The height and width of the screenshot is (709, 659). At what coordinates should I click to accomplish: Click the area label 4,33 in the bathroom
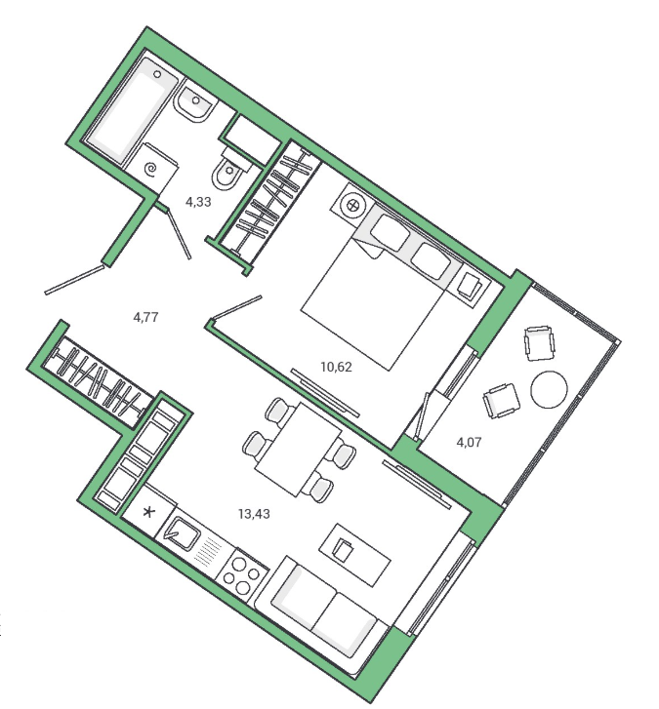pos(198,202)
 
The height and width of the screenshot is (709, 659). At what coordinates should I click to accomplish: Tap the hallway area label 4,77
pos(145,317)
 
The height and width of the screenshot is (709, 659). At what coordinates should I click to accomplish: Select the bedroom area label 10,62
pos(336,367)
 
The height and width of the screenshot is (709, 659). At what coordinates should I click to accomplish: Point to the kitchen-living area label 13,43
pos(254,514)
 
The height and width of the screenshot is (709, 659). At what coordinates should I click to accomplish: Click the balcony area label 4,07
pos(469,442)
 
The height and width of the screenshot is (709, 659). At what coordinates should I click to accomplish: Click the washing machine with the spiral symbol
pos(151,170)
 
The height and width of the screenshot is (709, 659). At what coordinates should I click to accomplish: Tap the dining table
pos(298,450)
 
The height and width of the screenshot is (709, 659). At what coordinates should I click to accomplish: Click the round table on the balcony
pos(549,389)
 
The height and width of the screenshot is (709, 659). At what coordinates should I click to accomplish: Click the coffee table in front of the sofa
pos(354,554)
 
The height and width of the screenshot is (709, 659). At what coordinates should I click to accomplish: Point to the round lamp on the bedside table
pos(352,206)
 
